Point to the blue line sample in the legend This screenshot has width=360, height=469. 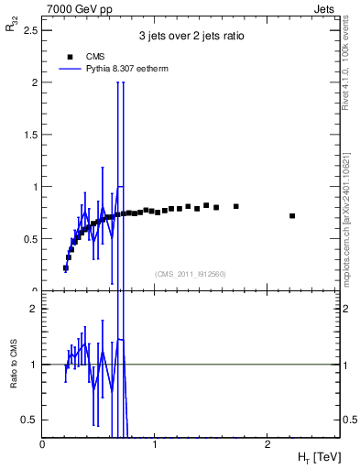click(70, 68)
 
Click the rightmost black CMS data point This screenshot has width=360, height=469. click(292, 216)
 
